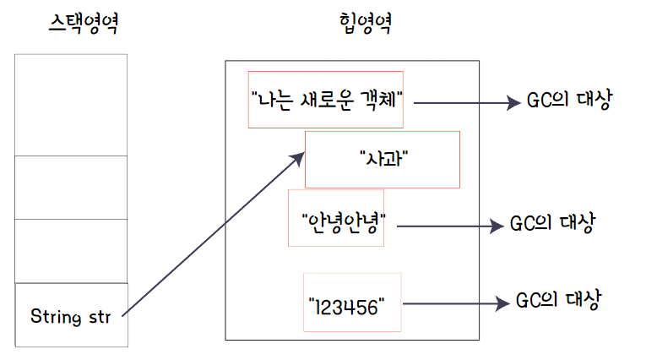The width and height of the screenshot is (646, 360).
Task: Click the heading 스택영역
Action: (x=82, y=23)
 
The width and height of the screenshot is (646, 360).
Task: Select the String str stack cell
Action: (x=71, y=315)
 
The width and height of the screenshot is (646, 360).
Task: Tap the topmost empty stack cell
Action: (x=71, y=105)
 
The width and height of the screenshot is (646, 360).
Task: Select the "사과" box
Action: (x=382, y=159)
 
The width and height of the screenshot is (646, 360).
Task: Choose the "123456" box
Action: (x=352, y=302)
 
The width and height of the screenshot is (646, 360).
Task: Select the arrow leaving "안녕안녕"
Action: (x=448, y=226)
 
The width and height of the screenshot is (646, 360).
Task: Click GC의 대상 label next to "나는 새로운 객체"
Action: (x=567, y=100)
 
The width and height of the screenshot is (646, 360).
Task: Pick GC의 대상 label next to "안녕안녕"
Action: (x=553, y=224)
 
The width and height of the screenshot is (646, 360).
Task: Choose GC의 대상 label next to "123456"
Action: (x=558, y=300)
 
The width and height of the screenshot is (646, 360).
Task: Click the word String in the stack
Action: (x=55, y=317)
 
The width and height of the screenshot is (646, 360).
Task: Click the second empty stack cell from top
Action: (x=71, y=188)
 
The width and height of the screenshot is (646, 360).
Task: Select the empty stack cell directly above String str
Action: (x=71, y=251)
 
